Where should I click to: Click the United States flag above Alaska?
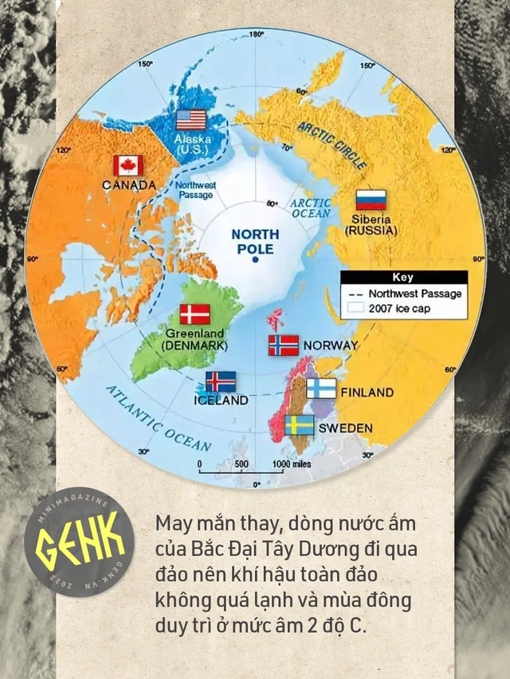tap(191, 120)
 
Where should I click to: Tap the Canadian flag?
tap(127, 165)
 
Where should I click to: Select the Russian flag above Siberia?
tap(371, 199)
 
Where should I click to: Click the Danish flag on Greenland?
tap(194, 314)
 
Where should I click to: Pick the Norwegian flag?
tap(283, 345)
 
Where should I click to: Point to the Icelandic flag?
tap(221, 381)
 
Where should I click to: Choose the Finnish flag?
tap(322, 389)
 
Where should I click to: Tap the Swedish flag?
tap(300, 424)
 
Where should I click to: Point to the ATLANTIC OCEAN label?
tap(159, 418)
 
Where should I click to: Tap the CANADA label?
tap(129, 185)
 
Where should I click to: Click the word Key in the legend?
tap(404, 278)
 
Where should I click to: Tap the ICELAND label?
tap(221, 401)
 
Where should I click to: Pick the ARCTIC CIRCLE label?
tap(334, 144)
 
